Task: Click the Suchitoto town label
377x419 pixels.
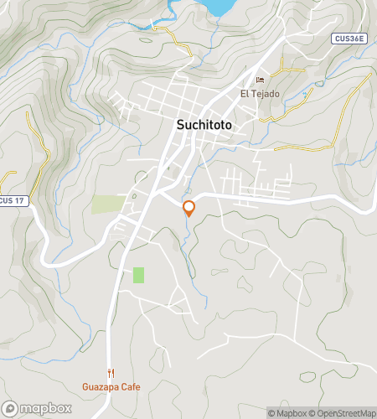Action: point(204,125)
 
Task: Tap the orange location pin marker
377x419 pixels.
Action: point(188,208)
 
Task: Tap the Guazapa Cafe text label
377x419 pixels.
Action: point(111,387)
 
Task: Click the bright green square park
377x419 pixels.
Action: point(138,275)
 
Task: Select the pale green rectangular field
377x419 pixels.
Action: point(107,204)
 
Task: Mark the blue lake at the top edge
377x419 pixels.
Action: point(219,7)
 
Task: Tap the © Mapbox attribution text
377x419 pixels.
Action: point(287,412)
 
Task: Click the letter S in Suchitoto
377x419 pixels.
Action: point(180,125)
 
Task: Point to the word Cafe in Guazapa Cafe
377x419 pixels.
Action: point(130,387)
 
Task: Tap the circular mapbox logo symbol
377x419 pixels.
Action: point(12,408)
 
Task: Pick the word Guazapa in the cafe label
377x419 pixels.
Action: point(100,387)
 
